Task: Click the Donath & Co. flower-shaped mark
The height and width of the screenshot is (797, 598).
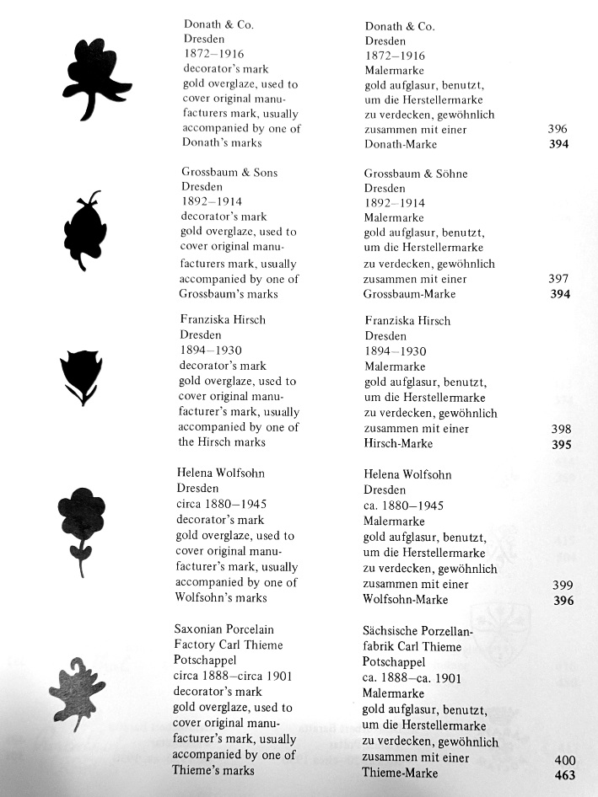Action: (x=94, y=78)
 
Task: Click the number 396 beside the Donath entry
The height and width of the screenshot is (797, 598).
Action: (x=557, y=129)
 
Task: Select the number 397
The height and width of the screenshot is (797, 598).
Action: (x=558, y=279)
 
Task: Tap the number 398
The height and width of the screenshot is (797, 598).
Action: (x=560, y=429)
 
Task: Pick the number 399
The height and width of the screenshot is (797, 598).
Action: (x=562, y=586)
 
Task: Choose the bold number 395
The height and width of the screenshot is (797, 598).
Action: (x=561, y=445)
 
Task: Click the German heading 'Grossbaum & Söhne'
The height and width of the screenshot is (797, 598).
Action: (x=416, y=174)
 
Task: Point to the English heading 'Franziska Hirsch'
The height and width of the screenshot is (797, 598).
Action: (x=223, y=320)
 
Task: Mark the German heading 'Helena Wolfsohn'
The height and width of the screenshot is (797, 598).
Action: (x=407, y=474)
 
